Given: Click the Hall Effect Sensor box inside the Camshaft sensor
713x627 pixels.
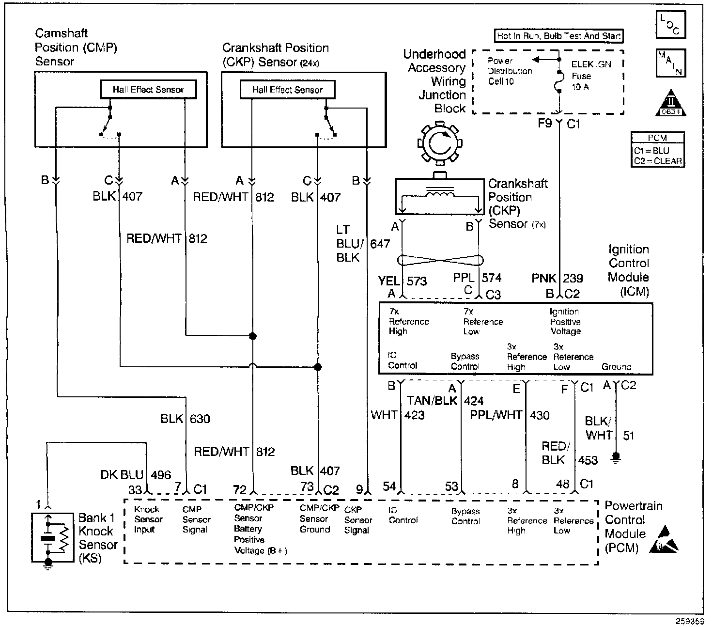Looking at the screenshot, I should click(148, 90).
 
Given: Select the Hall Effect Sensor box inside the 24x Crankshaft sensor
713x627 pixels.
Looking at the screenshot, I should click(287, 90).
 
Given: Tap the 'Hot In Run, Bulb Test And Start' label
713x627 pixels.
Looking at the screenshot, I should click(559, 36).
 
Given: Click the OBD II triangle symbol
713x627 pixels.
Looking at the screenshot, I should click(671, 103).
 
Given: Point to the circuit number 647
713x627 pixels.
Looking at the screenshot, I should click(380, 244).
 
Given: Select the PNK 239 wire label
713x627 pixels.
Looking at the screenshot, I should click(557, 279).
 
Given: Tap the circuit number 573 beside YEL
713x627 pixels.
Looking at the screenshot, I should click(417, 281).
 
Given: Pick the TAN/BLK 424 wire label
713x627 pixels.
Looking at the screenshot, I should click(445, 401).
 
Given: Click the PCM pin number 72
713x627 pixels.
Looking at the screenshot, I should click(240, 490).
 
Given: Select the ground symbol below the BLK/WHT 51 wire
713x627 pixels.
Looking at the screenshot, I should click(616, 457).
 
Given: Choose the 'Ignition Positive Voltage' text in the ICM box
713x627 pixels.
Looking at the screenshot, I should click(565, 322).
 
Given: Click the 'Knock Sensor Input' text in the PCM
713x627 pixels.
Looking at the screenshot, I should click(148, 519).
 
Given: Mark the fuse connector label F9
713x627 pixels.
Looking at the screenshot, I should click(545, 124).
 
